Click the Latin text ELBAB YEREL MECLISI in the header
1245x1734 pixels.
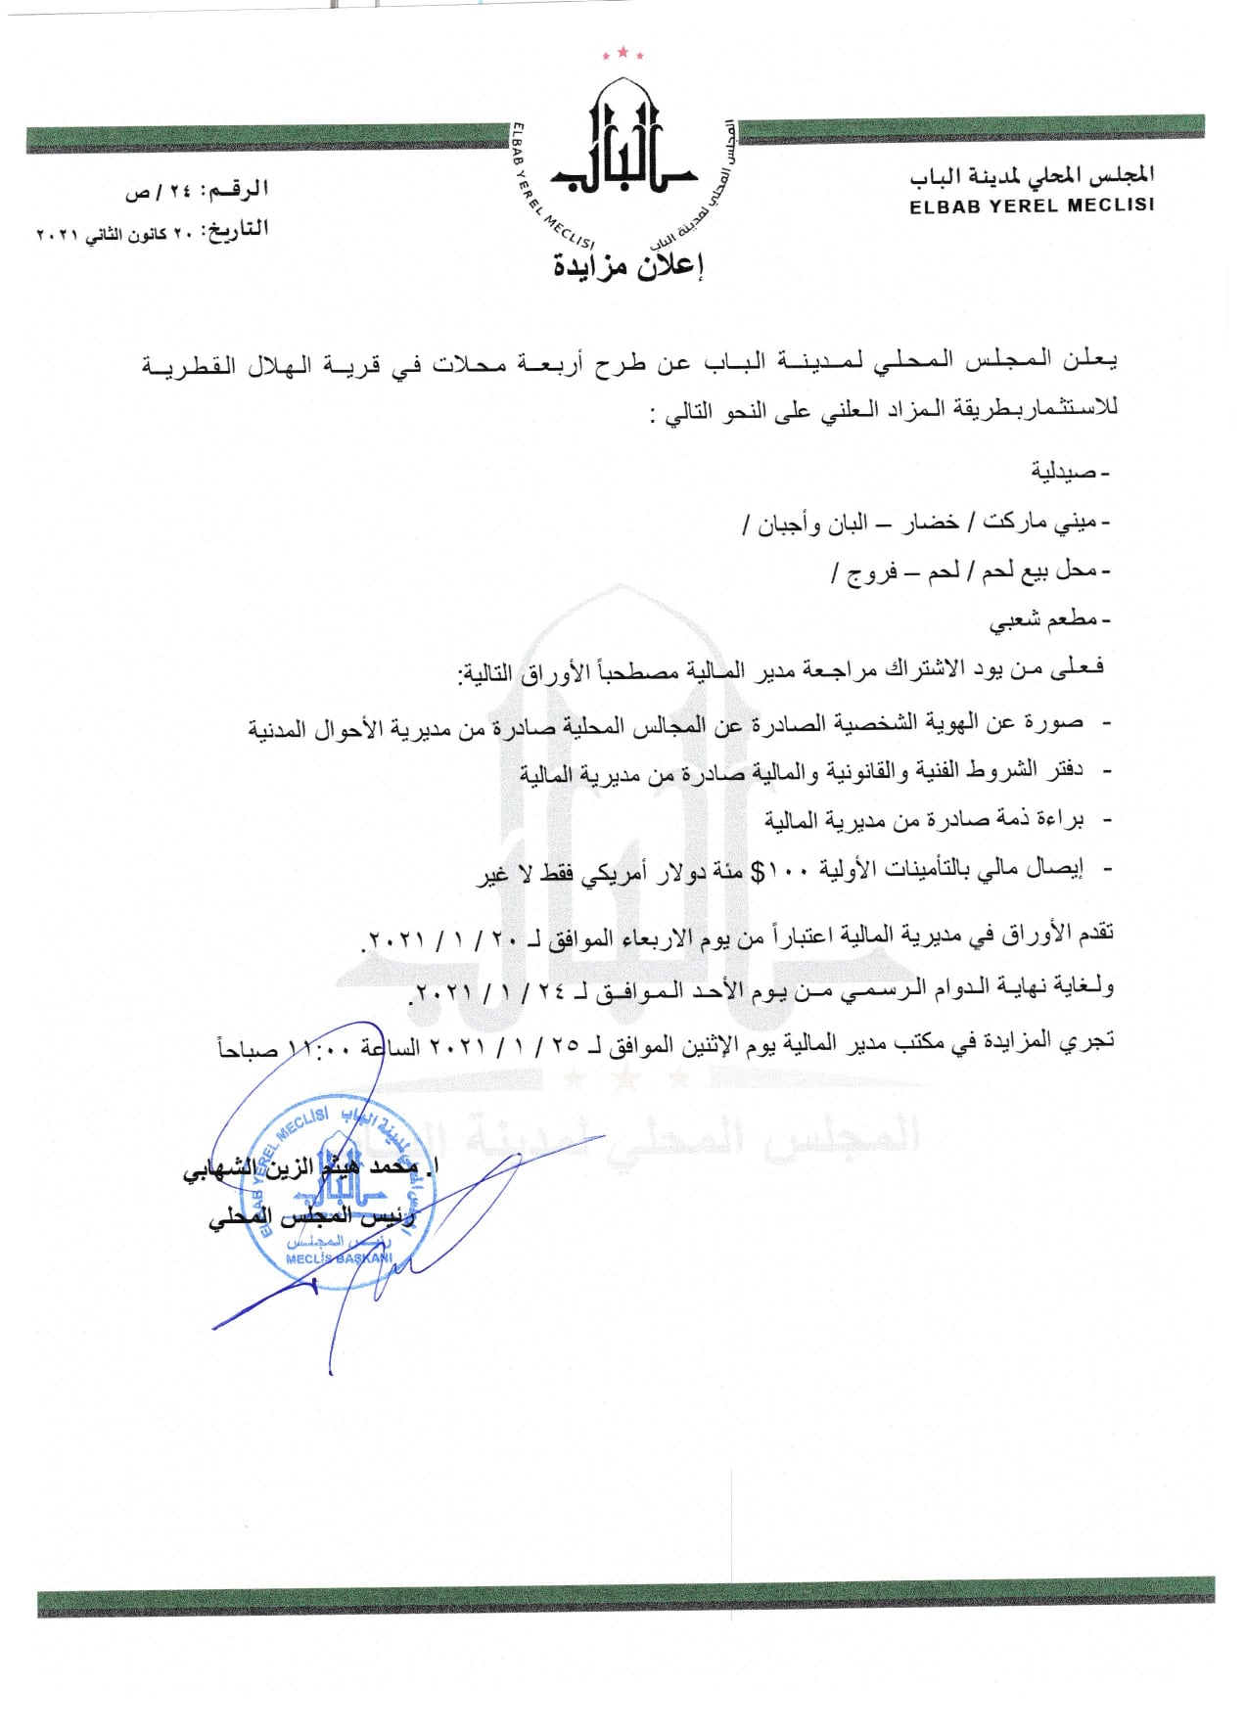[1032, 206]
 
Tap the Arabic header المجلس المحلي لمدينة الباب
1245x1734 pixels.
[1032, 176]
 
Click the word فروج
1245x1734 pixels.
[872, 571]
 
